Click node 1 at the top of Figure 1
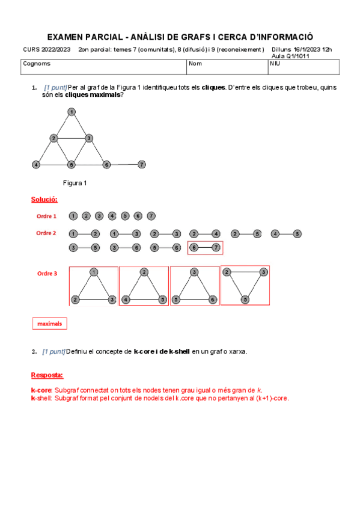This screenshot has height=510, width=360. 71,112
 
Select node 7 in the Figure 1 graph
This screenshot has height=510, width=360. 141,164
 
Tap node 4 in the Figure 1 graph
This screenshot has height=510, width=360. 36,164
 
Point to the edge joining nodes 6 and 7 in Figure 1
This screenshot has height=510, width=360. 124,164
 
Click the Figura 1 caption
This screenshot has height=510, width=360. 75,183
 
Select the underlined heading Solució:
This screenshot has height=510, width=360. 44,200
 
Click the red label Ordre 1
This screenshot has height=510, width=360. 46,216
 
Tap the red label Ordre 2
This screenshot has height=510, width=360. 46,233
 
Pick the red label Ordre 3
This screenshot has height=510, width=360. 47,274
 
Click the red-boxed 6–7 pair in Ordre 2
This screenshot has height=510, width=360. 205,247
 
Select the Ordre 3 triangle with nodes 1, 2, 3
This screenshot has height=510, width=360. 94,286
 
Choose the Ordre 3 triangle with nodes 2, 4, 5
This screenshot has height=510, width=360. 144,286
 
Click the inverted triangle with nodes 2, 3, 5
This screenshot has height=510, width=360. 245,284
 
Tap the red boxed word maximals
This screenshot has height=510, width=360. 49,324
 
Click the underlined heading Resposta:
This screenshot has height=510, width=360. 47,375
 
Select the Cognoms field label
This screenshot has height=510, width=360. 37,63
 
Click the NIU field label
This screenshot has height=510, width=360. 275,63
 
